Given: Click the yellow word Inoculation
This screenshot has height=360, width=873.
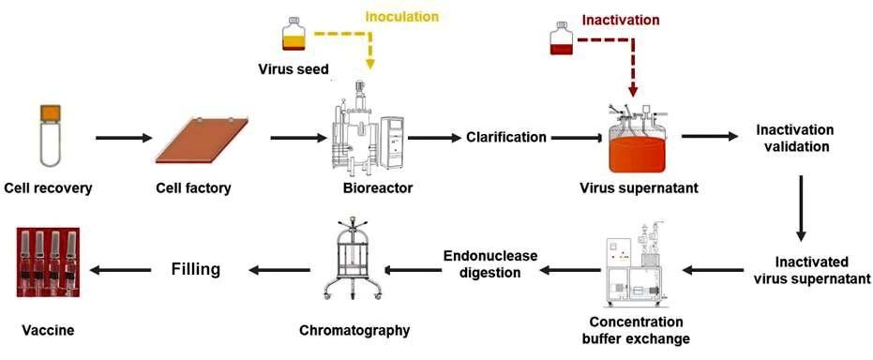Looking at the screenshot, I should point(401,17).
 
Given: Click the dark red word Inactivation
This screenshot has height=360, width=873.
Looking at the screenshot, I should point(621,20).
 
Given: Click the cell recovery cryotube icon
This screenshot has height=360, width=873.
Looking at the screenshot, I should point(49,137).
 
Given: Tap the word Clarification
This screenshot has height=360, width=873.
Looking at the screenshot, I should point(505,137).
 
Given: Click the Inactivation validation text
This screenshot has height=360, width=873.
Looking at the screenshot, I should point(794,138).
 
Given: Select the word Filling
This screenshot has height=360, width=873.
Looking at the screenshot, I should point(195,270).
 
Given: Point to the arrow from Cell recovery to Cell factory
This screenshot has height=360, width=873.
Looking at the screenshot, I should point(123,138).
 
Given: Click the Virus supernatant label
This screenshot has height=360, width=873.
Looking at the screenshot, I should point(639,188).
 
